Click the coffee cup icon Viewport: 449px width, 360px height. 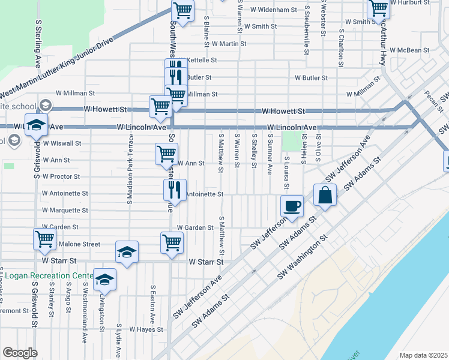tap(292, 206)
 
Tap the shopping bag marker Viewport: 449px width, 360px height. tap(324, 196)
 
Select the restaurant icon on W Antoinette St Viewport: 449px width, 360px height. tap(175, 190)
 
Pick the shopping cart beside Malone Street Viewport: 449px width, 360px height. tap(45, 239)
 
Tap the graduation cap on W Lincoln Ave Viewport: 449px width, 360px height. tap(37, 125)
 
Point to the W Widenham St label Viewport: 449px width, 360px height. tap(274, 10)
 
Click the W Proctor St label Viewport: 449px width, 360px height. tap(60, 176)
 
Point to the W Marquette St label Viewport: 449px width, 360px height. tap(65, 211)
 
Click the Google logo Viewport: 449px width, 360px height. tap(20, 353)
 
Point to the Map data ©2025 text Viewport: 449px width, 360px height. tap(423, 355)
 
